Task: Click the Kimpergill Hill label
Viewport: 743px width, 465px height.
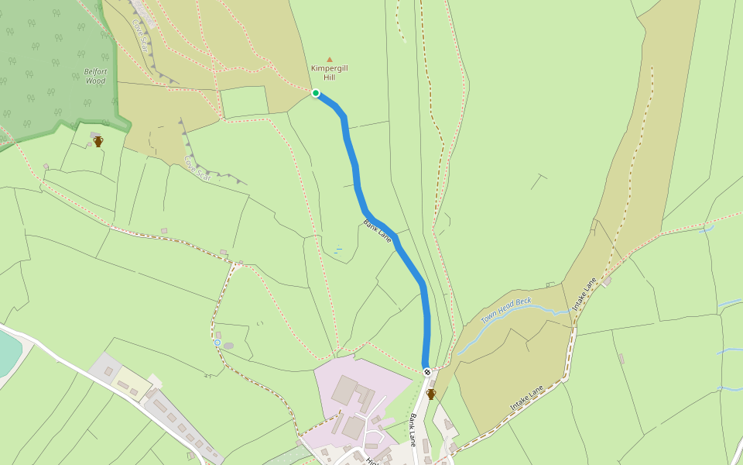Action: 330,73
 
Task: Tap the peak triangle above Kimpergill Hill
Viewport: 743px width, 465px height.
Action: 330,59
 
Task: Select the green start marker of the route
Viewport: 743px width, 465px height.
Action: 316,93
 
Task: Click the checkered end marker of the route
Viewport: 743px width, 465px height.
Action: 427,371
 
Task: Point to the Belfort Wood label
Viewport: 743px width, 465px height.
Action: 94,75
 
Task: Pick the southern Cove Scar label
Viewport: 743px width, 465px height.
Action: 197,168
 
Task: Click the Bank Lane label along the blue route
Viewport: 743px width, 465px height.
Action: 377,230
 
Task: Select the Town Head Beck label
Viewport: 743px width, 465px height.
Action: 507,310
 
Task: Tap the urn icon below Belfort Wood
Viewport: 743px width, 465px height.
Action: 98,142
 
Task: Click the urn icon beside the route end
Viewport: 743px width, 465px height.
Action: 431,394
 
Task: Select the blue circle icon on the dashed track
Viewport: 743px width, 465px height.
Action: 217,343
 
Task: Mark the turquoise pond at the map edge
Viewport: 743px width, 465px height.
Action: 8,353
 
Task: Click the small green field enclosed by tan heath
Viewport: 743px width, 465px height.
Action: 244,102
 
